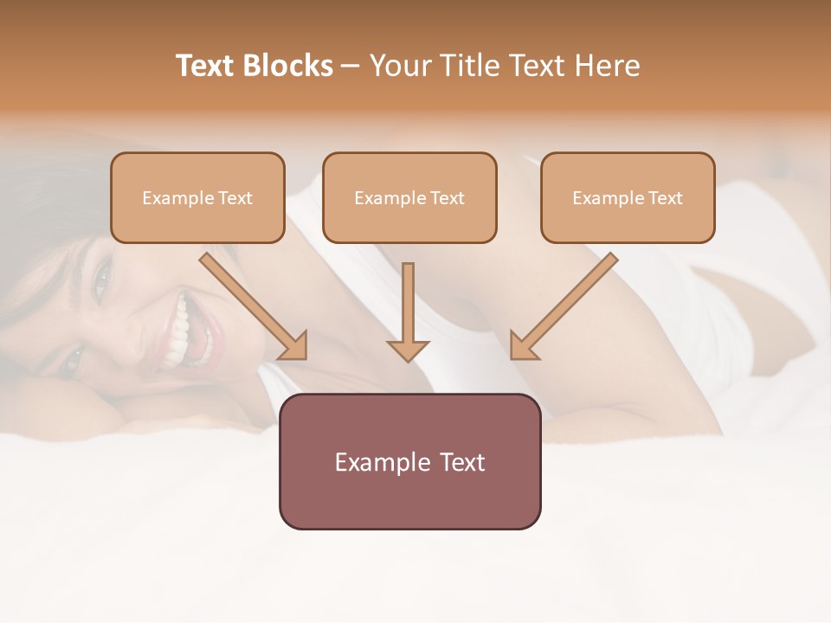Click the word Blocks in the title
(289, 66)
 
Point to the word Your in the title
(398, 66)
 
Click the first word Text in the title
(208, 66)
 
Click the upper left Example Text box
(197, 197)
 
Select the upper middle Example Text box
(409, 197)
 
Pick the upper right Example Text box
(628, 197)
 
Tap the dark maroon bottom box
(409, 461)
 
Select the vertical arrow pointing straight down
(408, 311)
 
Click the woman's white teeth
(182, 333)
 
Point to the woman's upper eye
(102, 279)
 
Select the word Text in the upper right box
(666, 198)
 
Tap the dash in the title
(351, 67)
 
